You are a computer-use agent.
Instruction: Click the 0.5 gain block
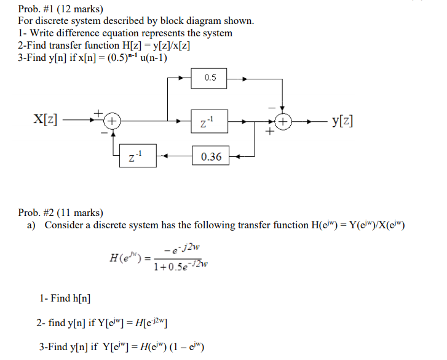pyautogui.click(x=210, y=78)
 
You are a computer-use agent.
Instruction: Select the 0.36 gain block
pyautogui.click(x=211, y=157)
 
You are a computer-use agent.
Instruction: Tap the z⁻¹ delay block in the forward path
pyautogui.click(x=210, y=122)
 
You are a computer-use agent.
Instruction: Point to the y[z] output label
pyautogui.click(x=342, y=121)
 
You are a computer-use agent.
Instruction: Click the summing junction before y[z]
pyautogui.click(x=282, y=122)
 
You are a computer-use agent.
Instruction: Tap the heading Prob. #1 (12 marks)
pyautogui.click(x=60, y=9)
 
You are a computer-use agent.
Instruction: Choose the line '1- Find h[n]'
pyautogui.click(x=65, y=298)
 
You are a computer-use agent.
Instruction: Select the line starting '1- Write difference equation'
pyautogui.click(x=125, y=33)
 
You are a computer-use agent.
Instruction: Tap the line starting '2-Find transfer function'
pyautogui.click(x=104, y=45)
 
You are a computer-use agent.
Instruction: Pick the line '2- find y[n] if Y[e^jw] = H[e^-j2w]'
pyautogui.click(x=103, y=322)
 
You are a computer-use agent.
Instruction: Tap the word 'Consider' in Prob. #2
pyautogui.click(x=64, y=225)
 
